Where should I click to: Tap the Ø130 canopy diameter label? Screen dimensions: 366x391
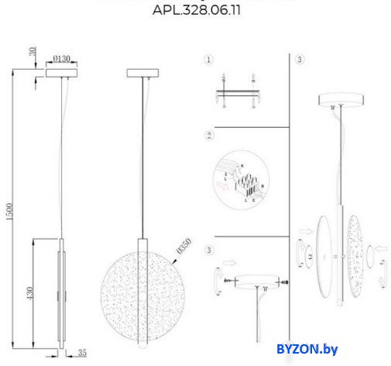pos(63,57)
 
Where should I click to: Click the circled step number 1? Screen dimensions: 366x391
pos(208,60)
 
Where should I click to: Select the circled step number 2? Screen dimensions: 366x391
pos(208,136)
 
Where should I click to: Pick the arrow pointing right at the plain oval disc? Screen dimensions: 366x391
pos(305,230)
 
